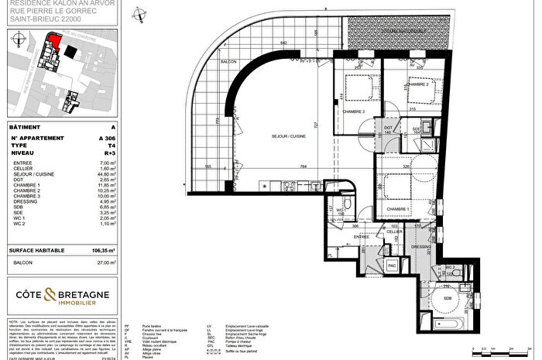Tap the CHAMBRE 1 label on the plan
tap(398, 209)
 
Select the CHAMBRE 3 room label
tap(355, 111)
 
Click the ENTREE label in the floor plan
tap(362, 237)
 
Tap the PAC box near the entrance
tap(392, 266)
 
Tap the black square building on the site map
tap(71, 50)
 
